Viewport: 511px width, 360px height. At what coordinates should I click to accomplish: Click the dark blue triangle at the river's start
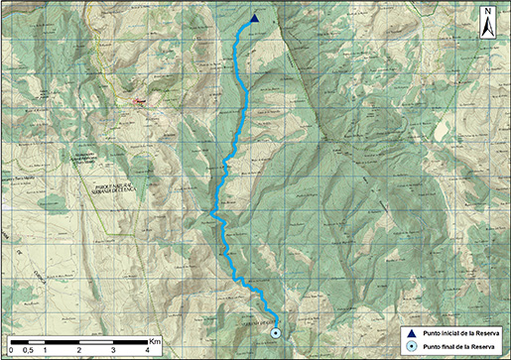point(254,19)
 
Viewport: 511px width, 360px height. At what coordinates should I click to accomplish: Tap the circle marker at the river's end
point(276,334)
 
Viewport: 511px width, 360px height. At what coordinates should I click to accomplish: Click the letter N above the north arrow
point(488,12)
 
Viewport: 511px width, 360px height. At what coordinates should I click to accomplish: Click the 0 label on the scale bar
point(11,350)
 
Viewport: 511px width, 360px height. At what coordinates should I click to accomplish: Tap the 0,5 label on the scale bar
point(28,350)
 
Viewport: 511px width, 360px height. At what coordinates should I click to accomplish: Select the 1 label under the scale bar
point(46,350)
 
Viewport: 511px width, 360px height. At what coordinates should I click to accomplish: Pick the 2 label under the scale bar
point(80,350)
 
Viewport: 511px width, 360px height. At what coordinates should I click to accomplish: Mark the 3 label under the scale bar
point(115,350)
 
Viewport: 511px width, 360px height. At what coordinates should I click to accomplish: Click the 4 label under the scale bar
point(149,350)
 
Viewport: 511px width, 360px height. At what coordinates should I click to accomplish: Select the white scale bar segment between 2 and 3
point(97,342)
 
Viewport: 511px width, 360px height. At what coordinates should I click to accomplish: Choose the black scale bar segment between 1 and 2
point(63,342)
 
